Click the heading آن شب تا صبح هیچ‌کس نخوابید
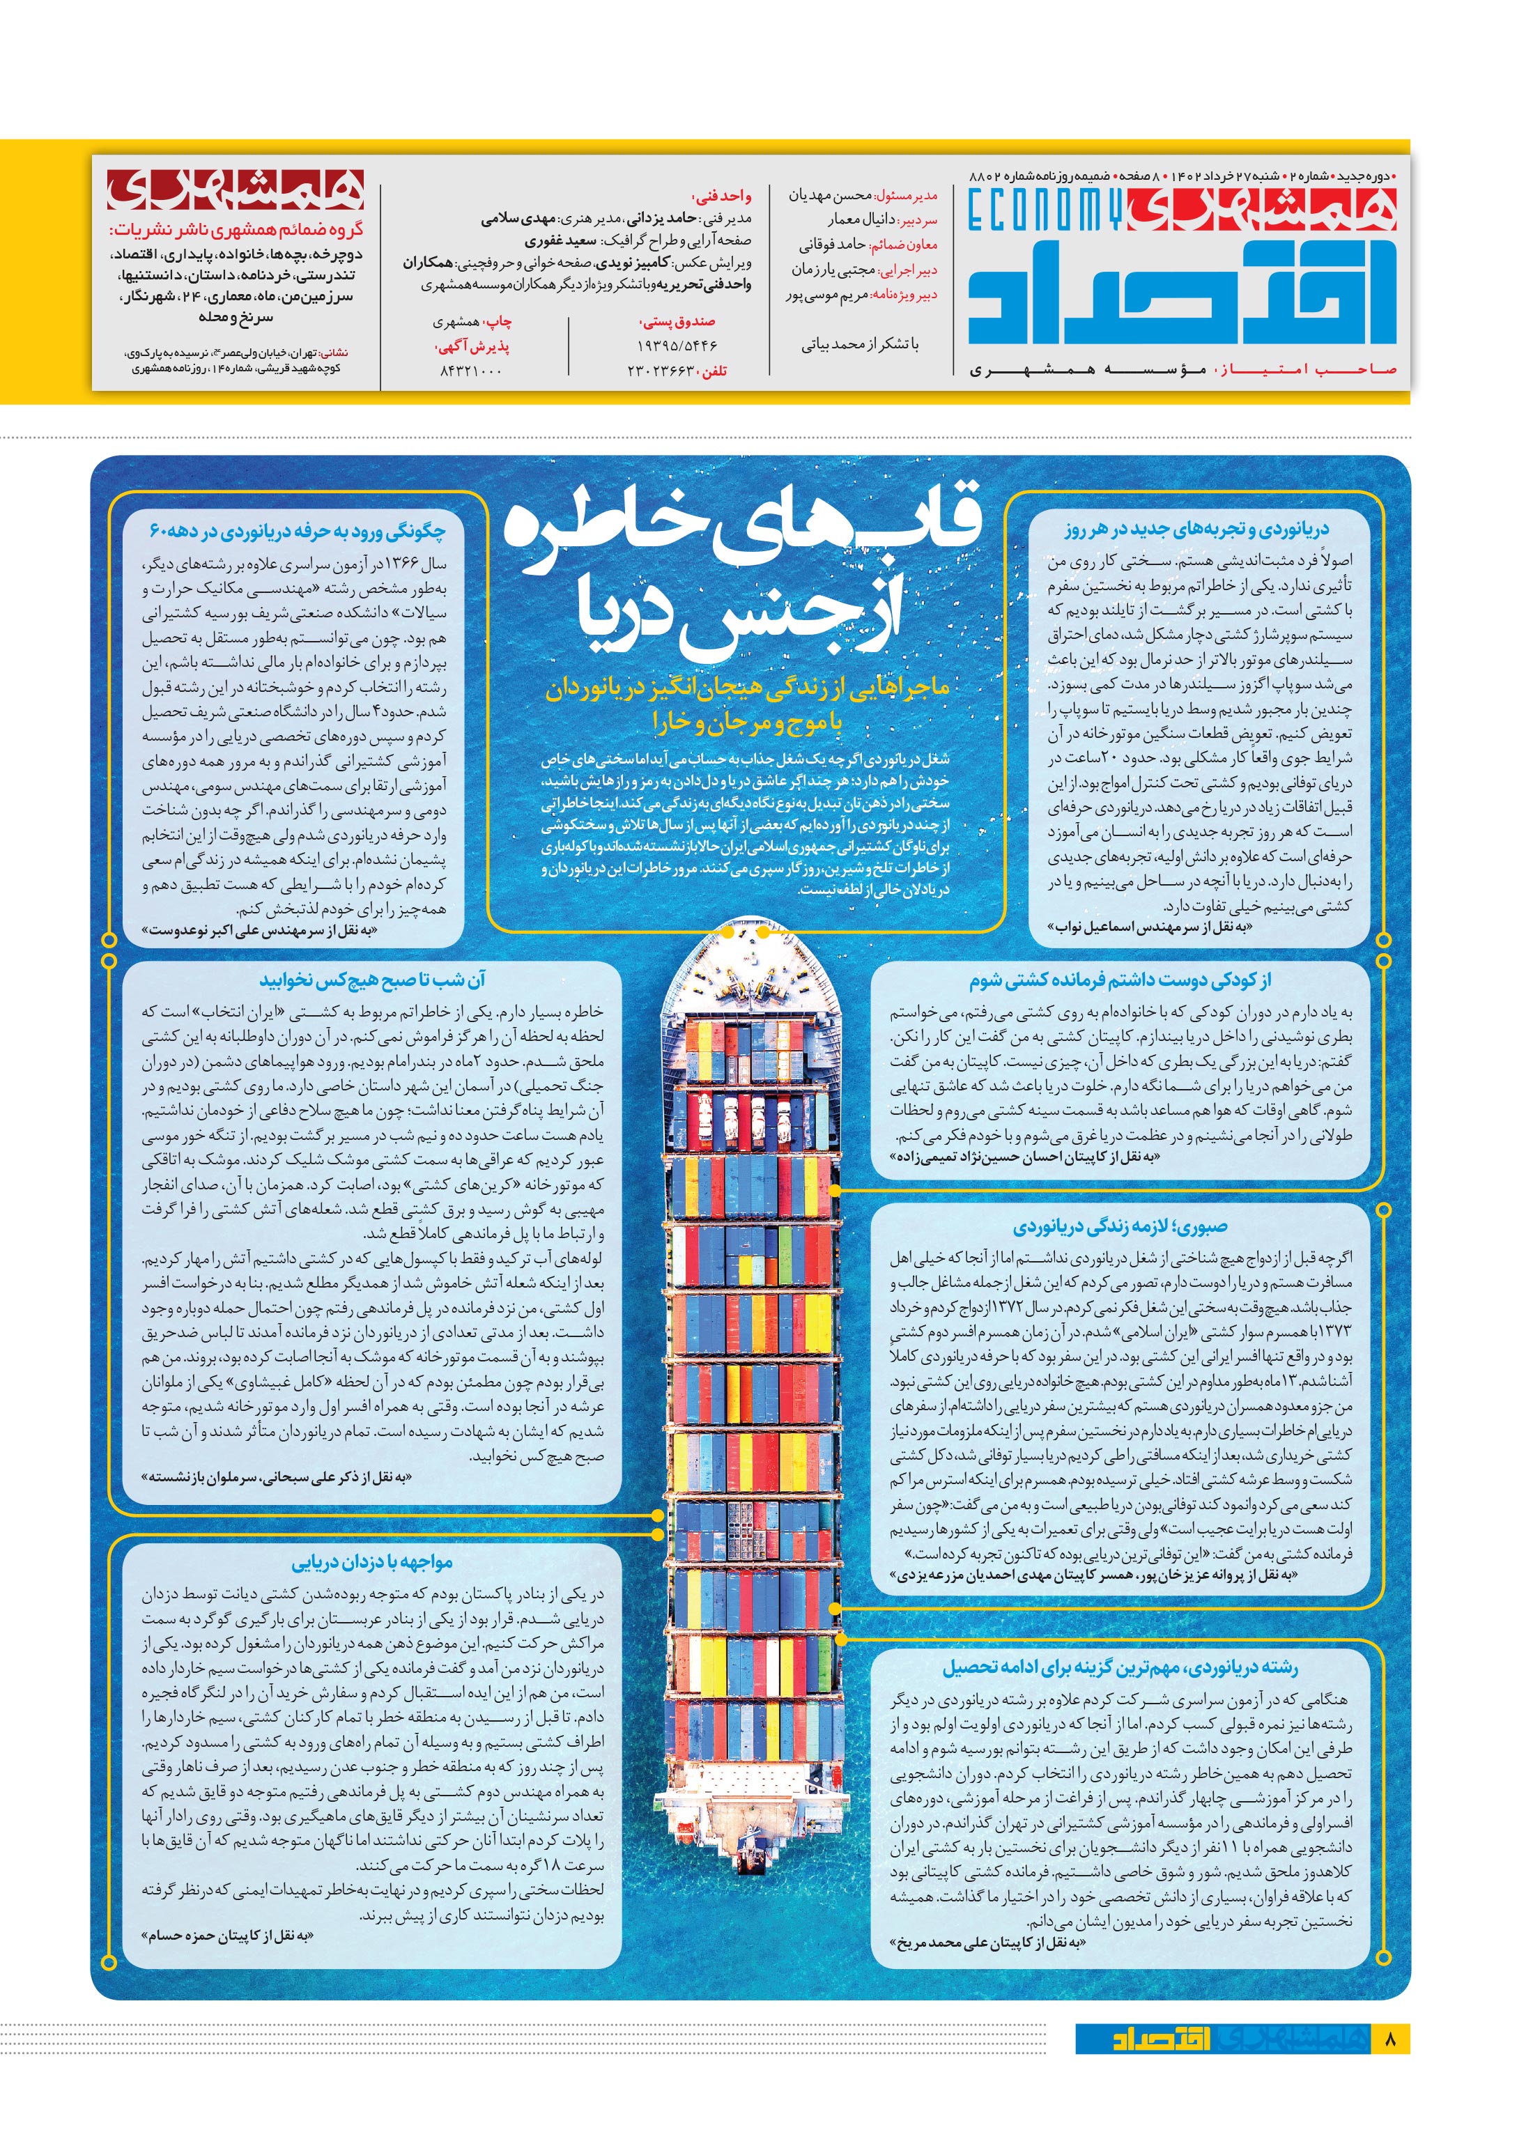click(x=372, y=980)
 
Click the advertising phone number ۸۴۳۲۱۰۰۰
click(x=471, y=371)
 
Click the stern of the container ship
click(x=750, y=1864)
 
